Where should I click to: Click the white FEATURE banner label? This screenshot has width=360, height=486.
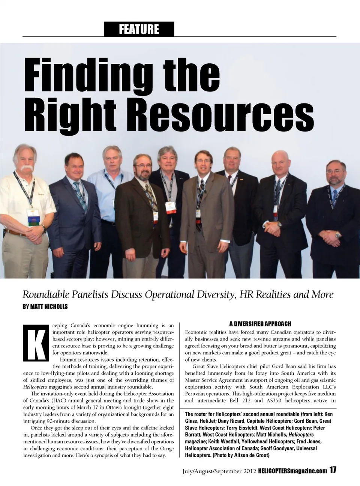139,29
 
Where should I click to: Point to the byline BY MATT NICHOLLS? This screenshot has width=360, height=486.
45,307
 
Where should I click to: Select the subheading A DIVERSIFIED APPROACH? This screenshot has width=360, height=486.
260,324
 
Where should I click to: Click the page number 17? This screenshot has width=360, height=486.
333,471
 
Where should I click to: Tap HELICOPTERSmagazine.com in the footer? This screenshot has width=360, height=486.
292,471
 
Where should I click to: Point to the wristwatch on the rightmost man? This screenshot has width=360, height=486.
338,235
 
